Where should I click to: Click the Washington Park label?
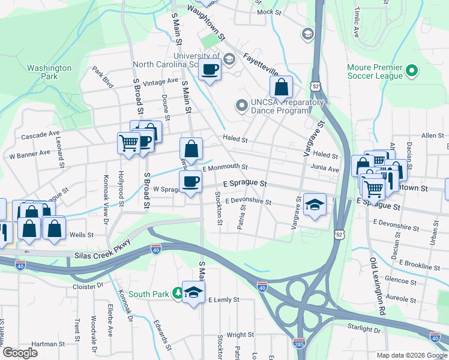(49, 72)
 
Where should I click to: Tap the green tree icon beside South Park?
(178, 293)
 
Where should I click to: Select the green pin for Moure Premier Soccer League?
(411, 71)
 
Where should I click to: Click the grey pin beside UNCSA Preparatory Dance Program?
(242, 106)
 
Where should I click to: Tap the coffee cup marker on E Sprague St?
(191, 181)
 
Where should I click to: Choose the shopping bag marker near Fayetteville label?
(281, 88)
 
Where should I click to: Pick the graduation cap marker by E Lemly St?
(193, 293)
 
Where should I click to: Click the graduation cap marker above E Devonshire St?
(315, 205)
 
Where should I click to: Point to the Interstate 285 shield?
(299, 343)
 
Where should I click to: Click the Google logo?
(20, 353)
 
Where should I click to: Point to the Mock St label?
(269, 12)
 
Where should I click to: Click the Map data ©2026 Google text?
(411, 355)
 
